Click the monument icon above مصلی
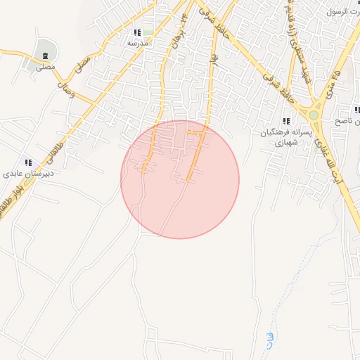pos(46,56)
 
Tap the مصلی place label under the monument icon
pos(46,69)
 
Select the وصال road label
pos(64,89)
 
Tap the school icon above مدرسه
pos(137,32)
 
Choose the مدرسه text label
pos(137,44)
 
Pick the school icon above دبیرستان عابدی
pos(28,162)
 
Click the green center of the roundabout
pos(314,114)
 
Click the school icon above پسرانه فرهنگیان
pos(286,122)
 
